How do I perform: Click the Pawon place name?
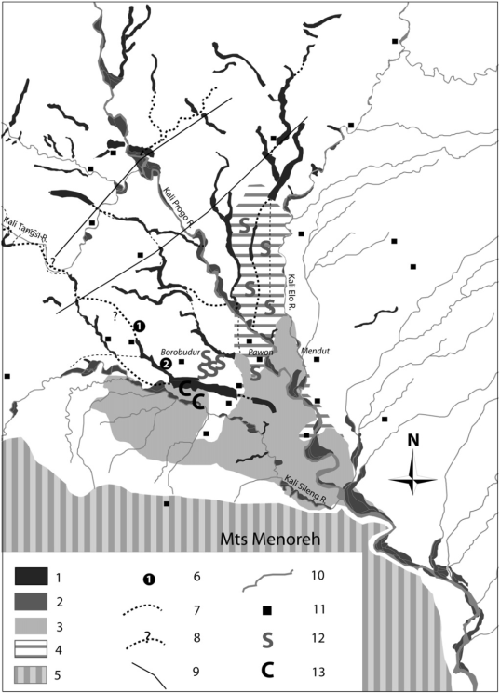coord(259,353)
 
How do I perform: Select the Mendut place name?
coord(315,352)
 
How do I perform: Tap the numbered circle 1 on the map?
coord(140,327)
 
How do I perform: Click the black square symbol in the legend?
coord(267,610)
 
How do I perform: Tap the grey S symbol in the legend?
coord(267,641)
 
